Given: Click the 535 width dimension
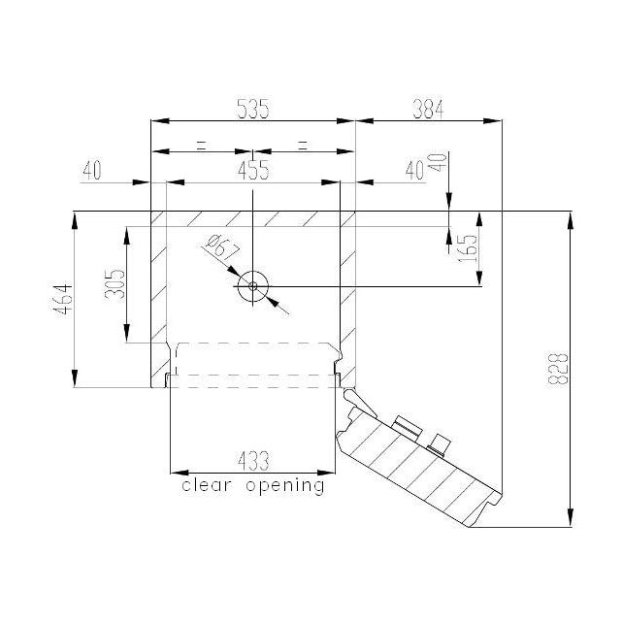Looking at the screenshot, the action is coord(252,109).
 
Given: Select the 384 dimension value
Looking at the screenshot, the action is coord(428,109).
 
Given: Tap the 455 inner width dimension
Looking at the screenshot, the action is coord(253,170).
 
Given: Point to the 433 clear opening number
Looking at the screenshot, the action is coord(253,461).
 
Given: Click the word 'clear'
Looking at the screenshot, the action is coord(207,485).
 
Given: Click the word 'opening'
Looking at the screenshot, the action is coord(285,486).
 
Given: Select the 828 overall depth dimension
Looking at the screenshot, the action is coord(558,369).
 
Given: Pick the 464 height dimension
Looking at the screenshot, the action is coord(63,299).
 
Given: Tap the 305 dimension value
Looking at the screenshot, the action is coord(115,284).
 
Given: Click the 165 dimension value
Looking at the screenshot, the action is coord(468,248).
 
